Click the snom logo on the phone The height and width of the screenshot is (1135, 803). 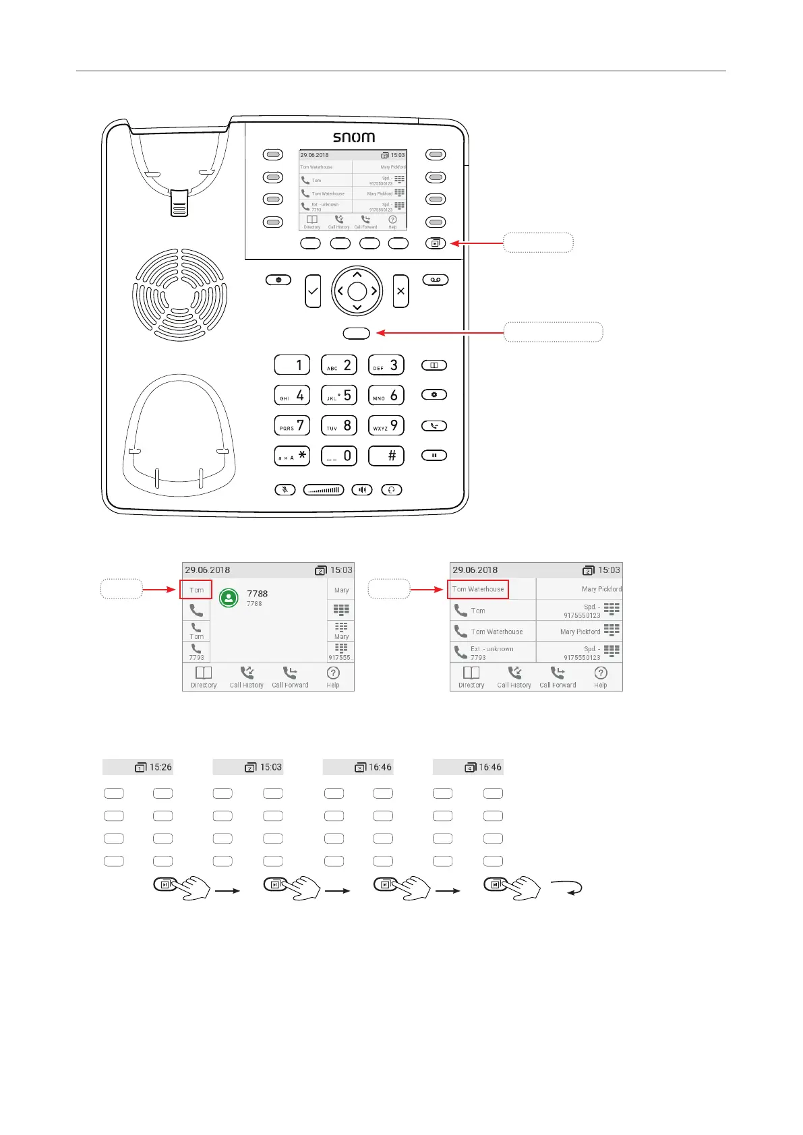[x=354, y=137]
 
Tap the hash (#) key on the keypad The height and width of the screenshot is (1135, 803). [x=386, y=456]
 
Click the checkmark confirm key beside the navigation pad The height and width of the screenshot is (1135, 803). [x=313, y=291]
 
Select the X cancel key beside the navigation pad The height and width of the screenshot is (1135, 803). [x=400, y=291]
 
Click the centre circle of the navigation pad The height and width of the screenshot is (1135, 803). [x=357, y=291]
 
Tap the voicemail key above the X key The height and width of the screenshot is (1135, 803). [x=436, y=280]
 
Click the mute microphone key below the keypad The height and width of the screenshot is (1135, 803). [x=285, y=489]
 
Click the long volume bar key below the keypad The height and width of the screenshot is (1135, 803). [x=324, y=489]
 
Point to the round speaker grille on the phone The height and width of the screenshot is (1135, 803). [x=180, y=295]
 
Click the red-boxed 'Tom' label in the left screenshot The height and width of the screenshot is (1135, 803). [x=196, y=590]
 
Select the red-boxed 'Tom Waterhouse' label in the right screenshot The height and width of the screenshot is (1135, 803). [x=478, y=589]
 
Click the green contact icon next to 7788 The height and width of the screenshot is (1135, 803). [x=229, y=598]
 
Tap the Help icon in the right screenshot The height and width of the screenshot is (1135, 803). [x=601, y=675]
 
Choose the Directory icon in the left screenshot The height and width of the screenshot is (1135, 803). [x=204, y=675]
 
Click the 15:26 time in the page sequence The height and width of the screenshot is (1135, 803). [x=160, y=767]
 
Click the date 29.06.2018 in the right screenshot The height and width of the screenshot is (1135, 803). [x=475, y=570]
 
